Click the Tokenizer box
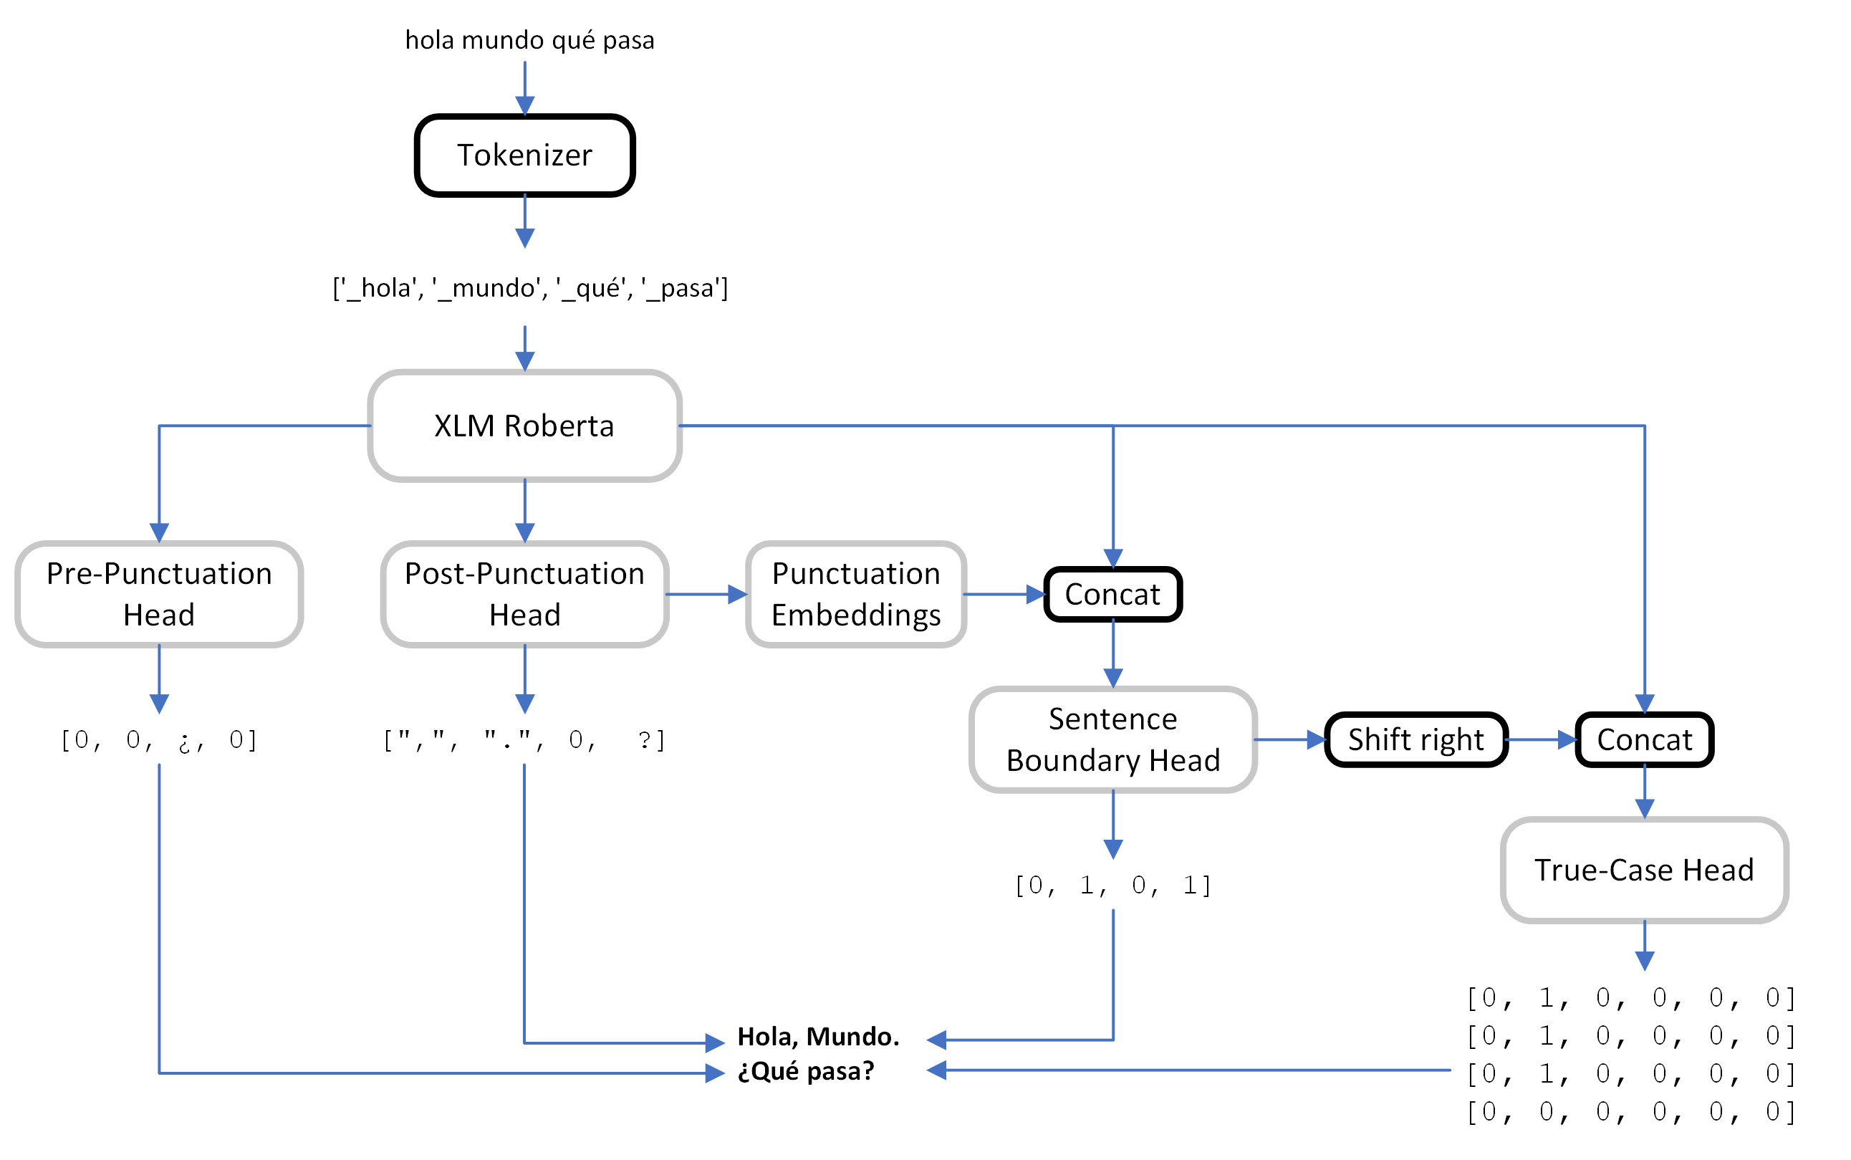524,155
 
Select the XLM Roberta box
524,426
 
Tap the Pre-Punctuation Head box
159,594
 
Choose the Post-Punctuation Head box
524,594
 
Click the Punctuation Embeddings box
856,594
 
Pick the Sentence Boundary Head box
1112,739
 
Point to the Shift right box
1415,739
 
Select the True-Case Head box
1644,869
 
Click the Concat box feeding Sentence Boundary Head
1112,594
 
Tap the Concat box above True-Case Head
1644,739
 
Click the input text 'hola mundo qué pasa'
529,40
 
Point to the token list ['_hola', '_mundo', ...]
529,288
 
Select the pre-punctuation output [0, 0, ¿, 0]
159,739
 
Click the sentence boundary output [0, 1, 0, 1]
1112,885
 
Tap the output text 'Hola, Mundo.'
817,1037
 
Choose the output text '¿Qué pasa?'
805,1070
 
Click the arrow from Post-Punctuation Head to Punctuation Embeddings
706,594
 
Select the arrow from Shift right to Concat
1539,739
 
